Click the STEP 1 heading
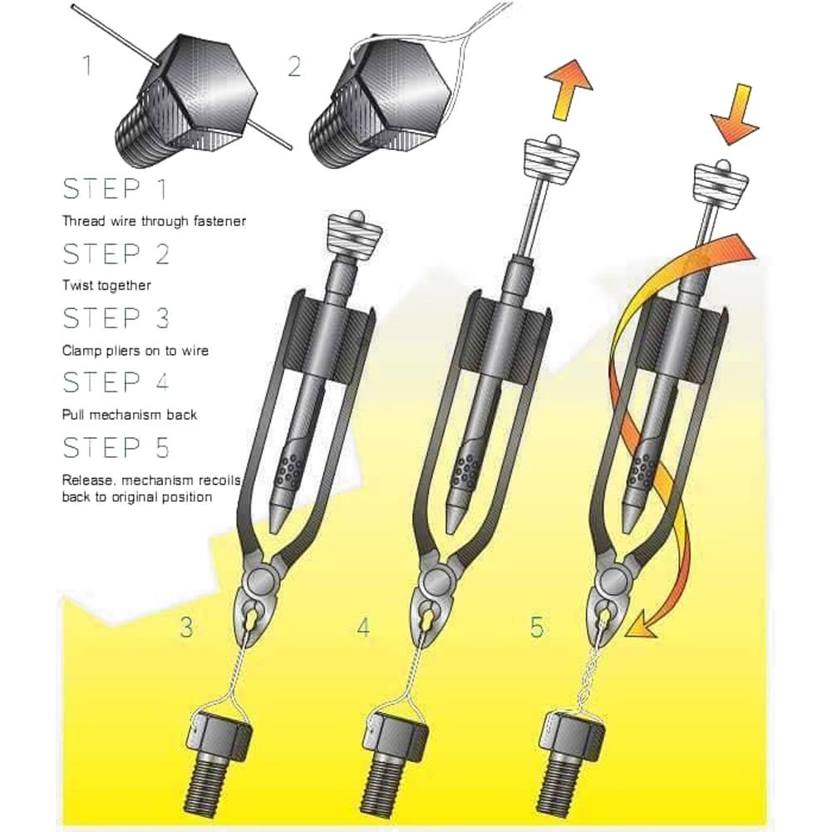click(x=116, y=189)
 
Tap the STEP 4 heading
click(x=116, y=382)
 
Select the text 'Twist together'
click(x=106, y=285)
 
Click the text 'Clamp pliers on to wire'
click(x=135, y=350)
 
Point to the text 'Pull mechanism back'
click(x=130, y=414)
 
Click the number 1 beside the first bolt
click(x=88, y=65)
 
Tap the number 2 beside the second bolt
click(x=294, y=66)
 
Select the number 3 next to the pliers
click(x=187, y=627)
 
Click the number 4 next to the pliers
click(x=363, y=628)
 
